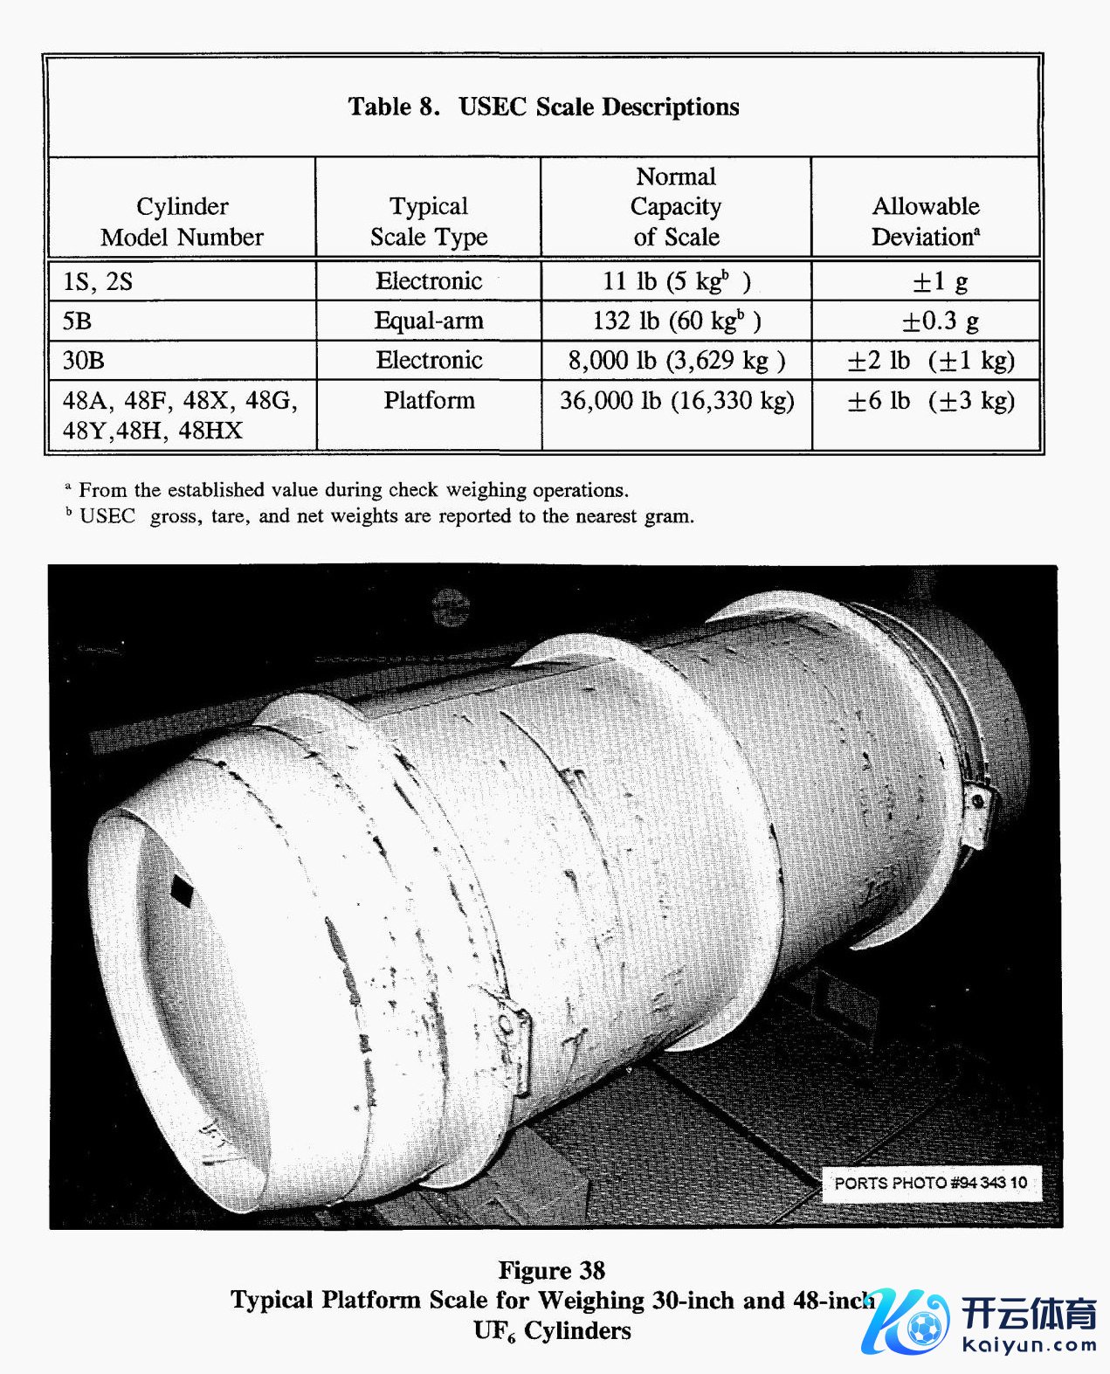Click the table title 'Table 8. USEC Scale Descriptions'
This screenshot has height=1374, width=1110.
tap(543, 107)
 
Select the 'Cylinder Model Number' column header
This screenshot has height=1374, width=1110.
tap(182, 221)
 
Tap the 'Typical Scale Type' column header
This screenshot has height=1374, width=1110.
tap(428, 221)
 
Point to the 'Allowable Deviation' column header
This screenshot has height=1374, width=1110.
tap(925, 221)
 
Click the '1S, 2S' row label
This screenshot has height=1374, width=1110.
tap(98, 281)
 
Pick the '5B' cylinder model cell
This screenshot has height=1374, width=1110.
tap(77, 321)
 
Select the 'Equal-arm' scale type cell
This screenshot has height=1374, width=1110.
tap(428, 321)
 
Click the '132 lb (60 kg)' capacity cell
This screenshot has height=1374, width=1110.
tap(676, 321)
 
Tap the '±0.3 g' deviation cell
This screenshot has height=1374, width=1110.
tap(940, 321)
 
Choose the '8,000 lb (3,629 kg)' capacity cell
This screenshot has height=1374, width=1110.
tap(676, 360)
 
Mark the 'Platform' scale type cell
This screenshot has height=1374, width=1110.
tap(429, 400)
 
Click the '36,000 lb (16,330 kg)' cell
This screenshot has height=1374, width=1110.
tap(676, 400)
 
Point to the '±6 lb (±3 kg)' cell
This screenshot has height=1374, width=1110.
tap(931, 400)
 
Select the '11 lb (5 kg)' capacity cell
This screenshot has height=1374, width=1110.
tap(676, 281)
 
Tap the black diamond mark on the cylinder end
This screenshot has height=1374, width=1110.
tap(183, 890)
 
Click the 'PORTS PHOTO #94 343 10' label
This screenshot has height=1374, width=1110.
tap(930, 1183)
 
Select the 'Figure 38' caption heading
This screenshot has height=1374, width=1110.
tap(551, 1270)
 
